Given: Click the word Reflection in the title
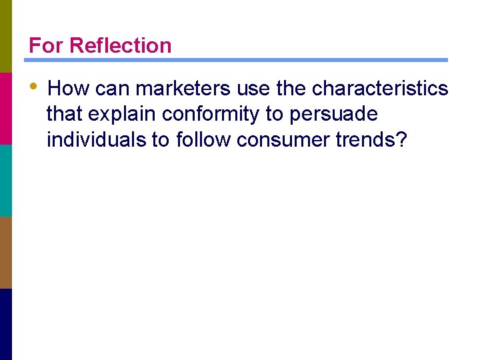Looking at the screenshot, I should tap(120, 45).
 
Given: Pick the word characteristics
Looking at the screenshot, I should tap(380, 88).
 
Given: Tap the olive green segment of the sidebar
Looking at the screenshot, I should tap(5, 36).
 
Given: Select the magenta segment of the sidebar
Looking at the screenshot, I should tap(5, 108).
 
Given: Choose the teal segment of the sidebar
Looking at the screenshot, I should tap(5, 180).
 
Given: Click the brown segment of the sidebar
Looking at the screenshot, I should tap(5, 252).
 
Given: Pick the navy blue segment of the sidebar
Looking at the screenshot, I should tap(5, 324).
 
